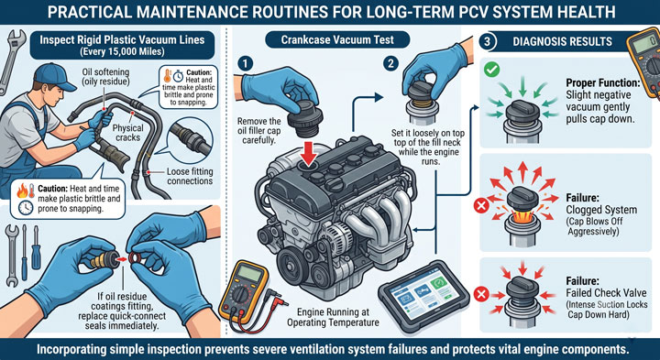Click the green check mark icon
pyautogui.click(x=491, y=69)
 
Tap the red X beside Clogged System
pyautogui.click(x=481, y=206)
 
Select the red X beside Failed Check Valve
pyautogui.click(x=481, y=294)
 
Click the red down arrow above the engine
pyautogui.click(x=310, y=155)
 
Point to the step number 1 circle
pyautogui.click(x=245, y=63)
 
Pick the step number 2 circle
pyautogui.click(x=391, y=63)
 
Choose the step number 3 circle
pyautogui.click(x=488, y=41)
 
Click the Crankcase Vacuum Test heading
pyautogui.click(x=337, y=40)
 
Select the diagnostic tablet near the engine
pyautogui.click(x=423, y=297)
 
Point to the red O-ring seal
pyautogui.click(x=135, y=258)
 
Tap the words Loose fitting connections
pyautogui.click(x=190, y=177)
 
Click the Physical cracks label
pyautogui.click(x=129, y=133)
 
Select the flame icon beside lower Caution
pyautogui.click(x=22, y=191)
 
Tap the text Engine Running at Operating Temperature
pyautogui.click(x=338, y=318)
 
